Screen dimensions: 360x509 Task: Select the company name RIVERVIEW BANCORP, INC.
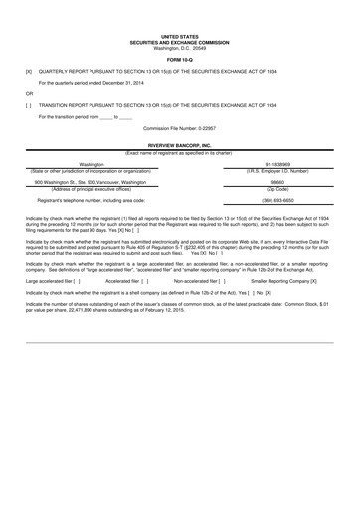[179, 144]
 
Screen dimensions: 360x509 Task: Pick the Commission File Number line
[179, 129]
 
